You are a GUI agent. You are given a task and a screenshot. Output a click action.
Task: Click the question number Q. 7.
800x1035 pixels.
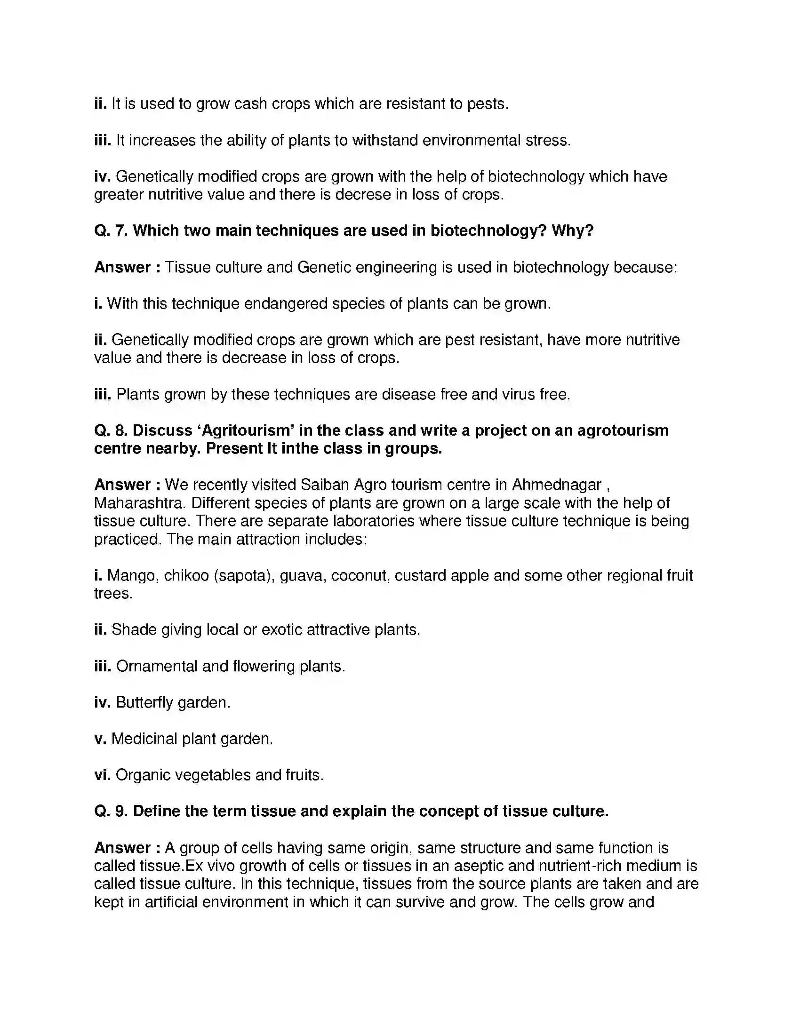pyautogui.click(x=111, y=231)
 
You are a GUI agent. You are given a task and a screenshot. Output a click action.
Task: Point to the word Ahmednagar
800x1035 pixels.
pyautogui.click(x=557, y=485)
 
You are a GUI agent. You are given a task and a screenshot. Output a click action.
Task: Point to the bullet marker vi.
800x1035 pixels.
pyautogui.click(x=102, y=775)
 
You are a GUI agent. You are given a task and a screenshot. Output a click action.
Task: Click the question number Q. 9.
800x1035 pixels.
pyautogui.click(x=111, y=812)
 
